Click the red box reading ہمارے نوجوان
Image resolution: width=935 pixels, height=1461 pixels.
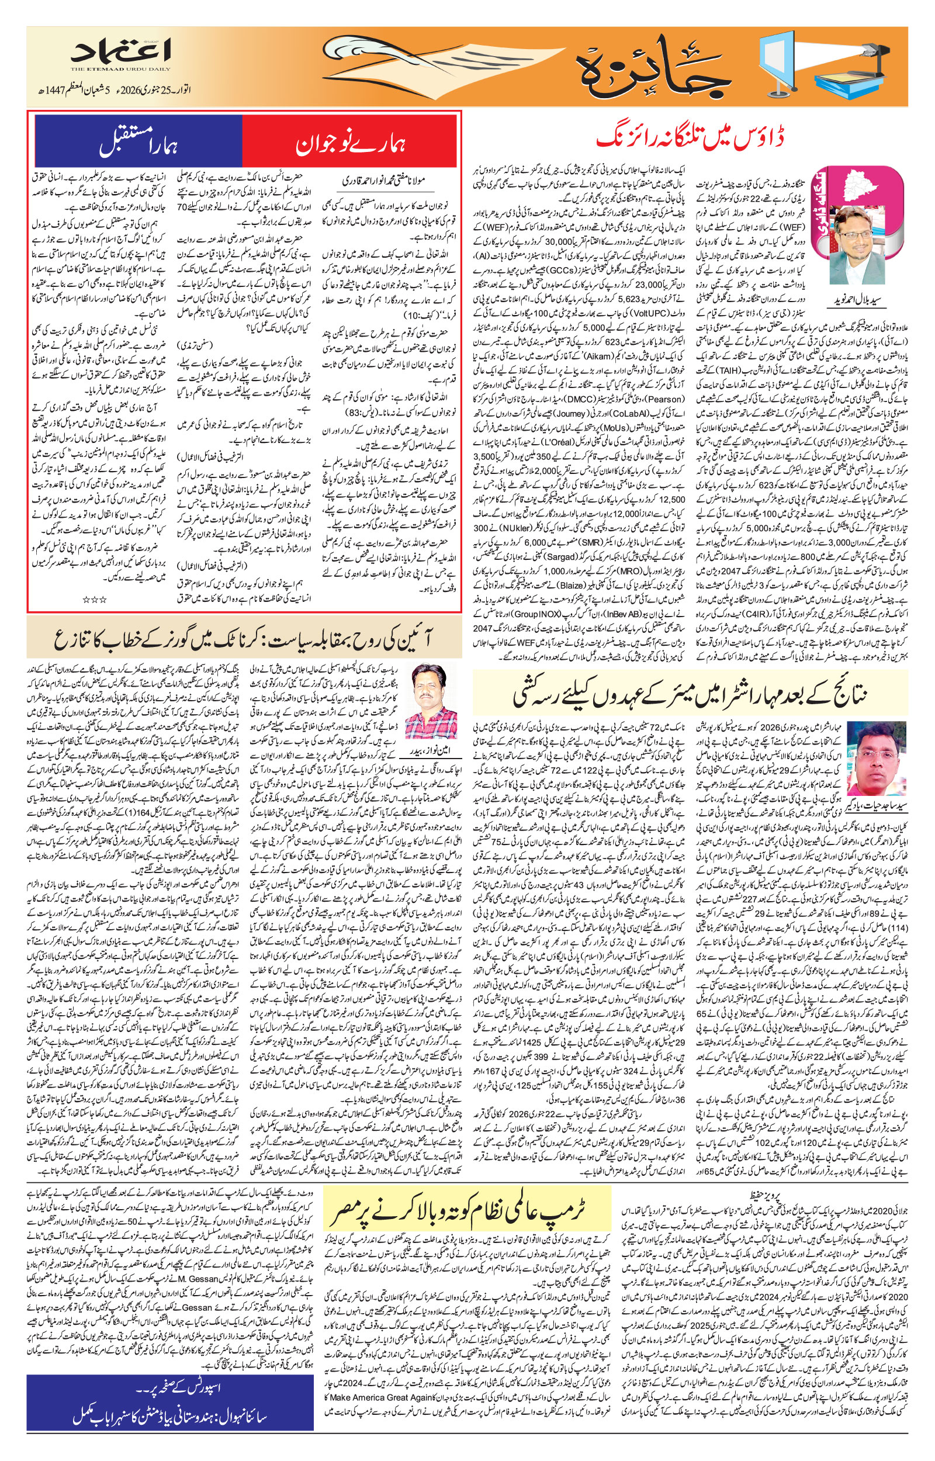coord(349,141)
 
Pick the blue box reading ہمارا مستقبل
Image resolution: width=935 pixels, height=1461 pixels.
coord(138,141)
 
